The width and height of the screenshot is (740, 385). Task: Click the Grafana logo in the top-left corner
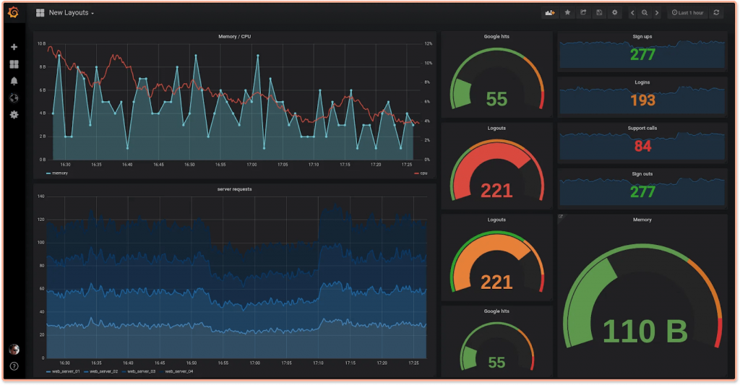[x=14, y=12]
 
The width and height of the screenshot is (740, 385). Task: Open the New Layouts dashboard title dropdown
[x=71, y=13]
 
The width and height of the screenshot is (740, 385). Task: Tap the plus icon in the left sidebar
[x=14, y=47]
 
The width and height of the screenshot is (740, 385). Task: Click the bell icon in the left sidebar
[x=14, y=81]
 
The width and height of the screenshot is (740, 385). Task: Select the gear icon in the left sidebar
[x=14, y=115]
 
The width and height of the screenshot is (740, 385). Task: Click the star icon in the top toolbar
[x=567, y=13]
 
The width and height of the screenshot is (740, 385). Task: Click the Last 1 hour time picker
[x=687, y=13]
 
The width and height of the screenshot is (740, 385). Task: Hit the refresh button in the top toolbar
[x=716, y=13]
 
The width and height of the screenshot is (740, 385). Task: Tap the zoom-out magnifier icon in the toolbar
[x=645, y=13]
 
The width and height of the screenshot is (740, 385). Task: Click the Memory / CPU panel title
[x=235, y=36]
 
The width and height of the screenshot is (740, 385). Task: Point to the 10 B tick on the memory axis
[x=41, y=44]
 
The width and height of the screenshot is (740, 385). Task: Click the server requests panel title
[x=235, y=189]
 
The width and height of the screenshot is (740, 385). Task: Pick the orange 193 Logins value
[x=642, y=100]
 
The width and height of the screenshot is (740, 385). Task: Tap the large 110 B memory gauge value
[x=644, y=331]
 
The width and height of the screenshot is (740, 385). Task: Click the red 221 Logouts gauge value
[x=496, y=191]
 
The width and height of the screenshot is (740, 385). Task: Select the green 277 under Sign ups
[x=642, y=54]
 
